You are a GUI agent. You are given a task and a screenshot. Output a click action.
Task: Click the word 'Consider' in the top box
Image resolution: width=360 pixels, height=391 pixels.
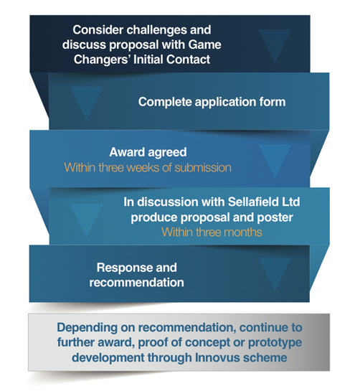pos(98,30)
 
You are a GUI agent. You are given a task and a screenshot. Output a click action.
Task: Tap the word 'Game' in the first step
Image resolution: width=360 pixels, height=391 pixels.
pos(204,45)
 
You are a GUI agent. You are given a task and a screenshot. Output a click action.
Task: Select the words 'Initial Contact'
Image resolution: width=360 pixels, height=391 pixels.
pos(172,60)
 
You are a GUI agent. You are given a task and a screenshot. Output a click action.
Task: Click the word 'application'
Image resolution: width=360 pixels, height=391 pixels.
pos(226,103)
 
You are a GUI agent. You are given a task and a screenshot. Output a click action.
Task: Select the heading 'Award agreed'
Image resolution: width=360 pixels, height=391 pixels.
pos(148,152)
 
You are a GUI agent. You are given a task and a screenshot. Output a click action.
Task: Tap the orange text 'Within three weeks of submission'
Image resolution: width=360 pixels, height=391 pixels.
pos(148,167)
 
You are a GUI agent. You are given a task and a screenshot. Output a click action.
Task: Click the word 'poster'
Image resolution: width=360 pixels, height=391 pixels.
pos(275,217)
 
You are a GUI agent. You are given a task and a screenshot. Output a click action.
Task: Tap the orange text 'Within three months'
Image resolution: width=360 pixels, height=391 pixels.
pos(212,232)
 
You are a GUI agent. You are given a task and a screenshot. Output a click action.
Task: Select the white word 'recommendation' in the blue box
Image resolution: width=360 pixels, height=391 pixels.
pos(137,283)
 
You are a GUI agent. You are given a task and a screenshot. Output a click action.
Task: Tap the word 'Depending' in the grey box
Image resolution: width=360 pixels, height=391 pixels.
pos(87,328)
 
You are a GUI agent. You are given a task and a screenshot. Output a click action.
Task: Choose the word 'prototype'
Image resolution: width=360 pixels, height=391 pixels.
pos(275,343)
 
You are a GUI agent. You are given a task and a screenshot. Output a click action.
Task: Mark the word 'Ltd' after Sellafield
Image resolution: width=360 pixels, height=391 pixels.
pos(291,202)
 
